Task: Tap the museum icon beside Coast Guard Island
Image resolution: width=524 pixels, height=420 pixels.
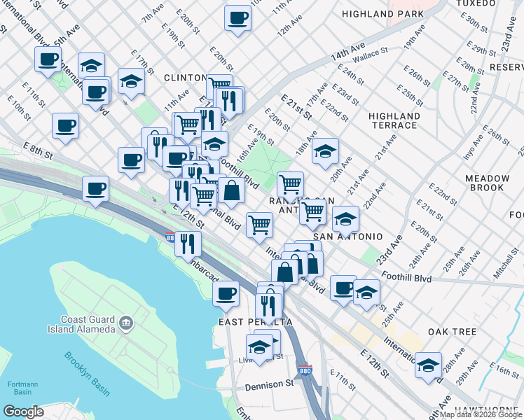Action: (126, 323)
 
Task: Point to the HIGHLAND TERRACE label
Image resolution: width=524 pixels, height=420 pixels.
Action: (394, 120)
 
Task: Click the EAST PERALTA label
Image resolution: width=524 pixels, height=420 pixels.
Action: (255, 321)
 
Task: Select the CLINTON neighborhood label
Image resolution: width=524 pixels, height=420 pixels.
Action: (185, 77)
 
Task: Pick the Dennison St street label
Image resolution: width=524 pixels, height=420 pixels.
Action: (269, 384)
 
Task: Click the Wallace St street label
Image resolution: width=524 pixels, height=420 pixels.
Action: (369, 52)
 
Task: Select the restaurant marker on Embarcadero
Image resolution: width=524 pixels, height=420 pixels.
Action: (188, 243)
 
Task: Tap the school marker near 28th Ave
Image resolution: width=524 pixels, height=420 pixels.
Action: (428, 365)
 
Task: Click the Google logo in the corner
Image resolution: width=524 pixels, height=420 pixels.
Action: (23, 411)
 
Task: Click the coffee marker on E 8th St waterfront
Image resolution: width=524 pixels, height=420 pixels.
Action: (95, 188)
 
